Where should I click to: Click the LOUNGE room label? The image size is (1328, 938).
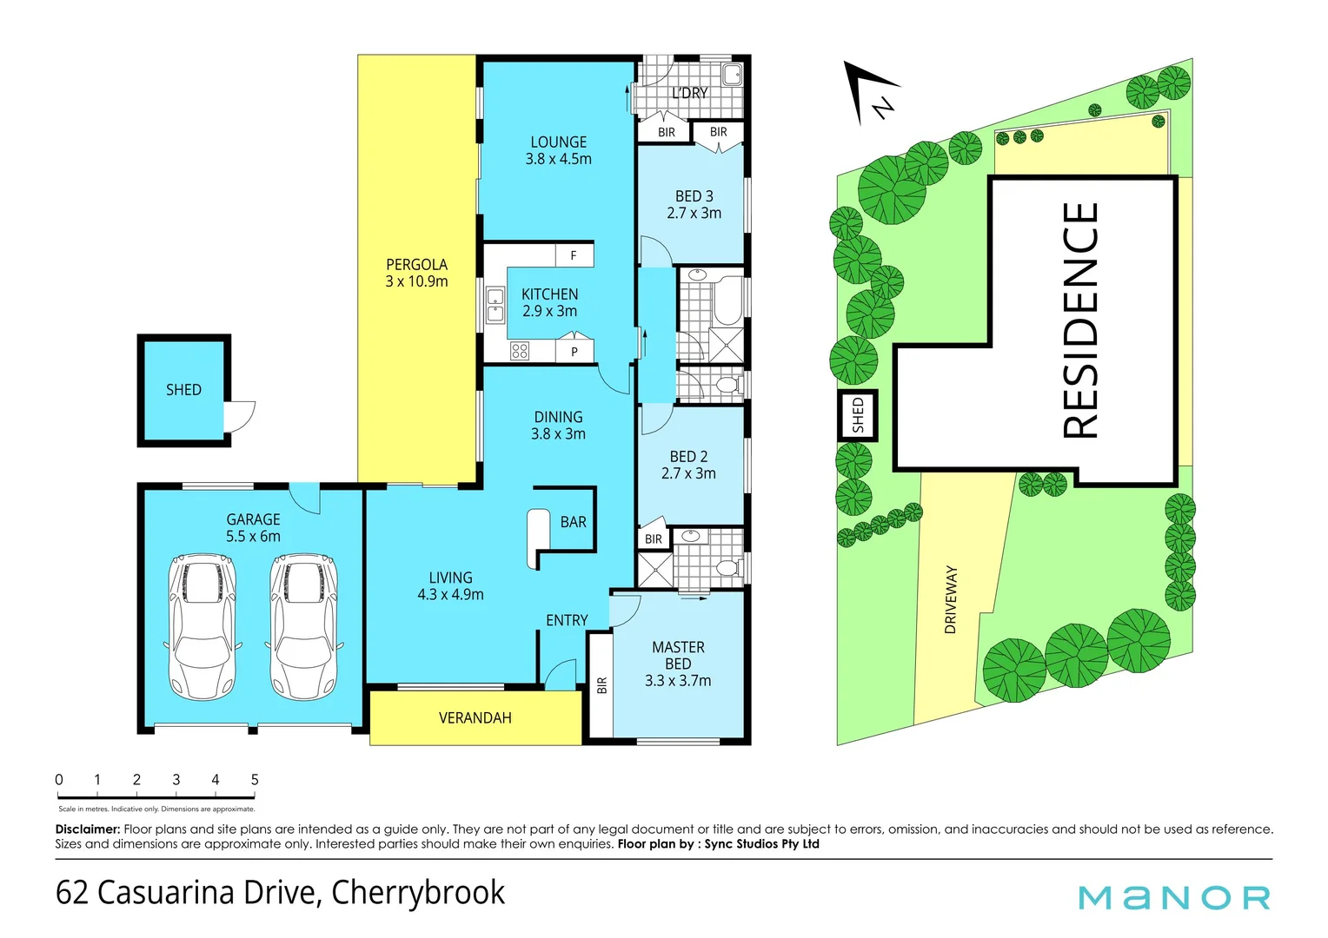coord(558,142)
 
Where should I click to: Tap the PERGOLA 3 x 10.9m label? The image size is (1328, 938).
coord(416,273)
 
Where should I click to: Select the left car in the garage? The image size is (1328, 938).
coord(202,626)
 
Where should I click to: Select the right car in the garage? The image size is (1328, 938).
coord(303,626)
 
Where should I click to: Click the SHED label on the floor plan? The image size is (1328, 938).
coord(183,390)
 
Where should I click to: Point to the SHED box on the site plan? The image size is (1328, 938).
coord(858,415)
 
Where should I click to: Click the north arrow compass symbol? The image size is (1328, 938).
coord(872,93)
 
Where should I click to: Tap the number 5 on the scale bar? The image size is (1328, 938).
coord(255,780)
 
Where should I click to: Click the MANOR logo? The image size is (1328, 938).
coord(1173,897)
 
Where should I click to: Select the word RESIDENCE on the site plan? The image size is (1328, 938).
coord(1080,320)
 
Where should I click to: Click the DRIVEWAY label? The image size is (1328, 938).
coord(950,599)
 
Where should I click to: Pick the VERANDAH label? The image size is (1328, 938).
coord(475,718)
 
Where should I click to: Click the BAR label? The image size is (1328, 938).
coord(573,522)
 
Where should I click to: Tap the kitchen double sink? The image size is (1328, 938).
coord(495,305)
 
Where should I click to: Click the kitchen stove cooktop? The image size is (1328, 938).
coord(520,351)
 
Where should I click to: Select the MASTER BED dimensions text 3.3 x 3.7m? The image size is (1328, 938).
coord(678,681)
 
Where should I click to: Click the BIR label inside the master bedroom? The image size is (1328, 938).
coord(601,685)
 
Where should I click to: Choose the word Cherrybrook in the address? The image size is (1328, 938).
coord(418,893)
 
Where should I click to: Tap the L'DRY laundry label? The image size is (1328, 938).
coord(690,93)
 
